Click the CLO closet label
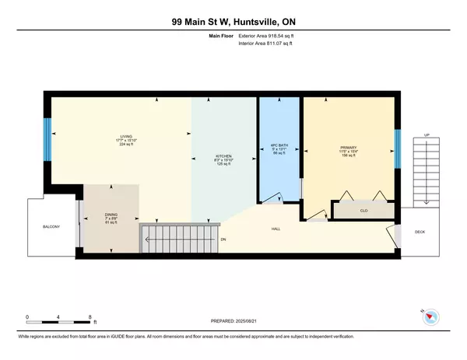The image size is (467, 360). click(363, 209)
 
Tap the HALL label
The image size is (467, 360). click(276, 229)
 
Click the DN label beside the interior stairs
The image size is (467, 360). click(223, 239)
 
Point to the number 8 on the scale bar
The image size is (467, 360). click(90, 317)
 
